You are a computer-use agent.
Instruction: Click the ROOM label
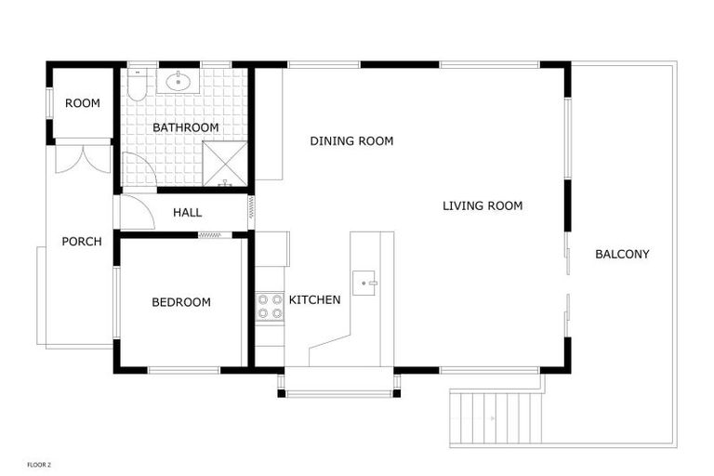83,103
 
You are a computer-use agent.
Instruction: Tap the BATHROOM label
186,127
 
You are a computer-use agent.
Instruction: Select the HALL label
187,212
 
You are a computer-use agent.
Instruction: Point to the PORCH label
82,242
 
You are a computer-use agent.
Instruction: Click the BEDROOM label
181,302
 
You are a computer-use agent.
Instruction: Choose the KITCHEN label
314,299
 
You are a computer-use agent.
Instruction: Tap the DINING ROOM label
351,141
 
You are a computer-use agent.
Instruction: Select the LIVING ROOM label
483,205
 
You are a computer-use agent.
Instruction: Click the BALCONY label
622,254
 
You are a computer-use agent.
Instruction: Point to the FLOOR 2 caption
39,464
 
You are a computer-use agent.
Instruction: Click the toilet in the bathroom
137,86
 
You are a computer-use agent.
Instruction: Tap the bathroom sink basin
178,82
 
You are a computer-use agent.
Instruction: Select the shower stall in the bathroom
225,164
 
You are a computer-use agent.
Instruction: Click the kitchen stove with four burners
270,306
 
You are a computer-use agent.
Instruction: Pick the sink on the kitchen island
365,279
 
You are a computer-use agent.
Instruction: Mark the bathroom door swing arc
139,170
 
